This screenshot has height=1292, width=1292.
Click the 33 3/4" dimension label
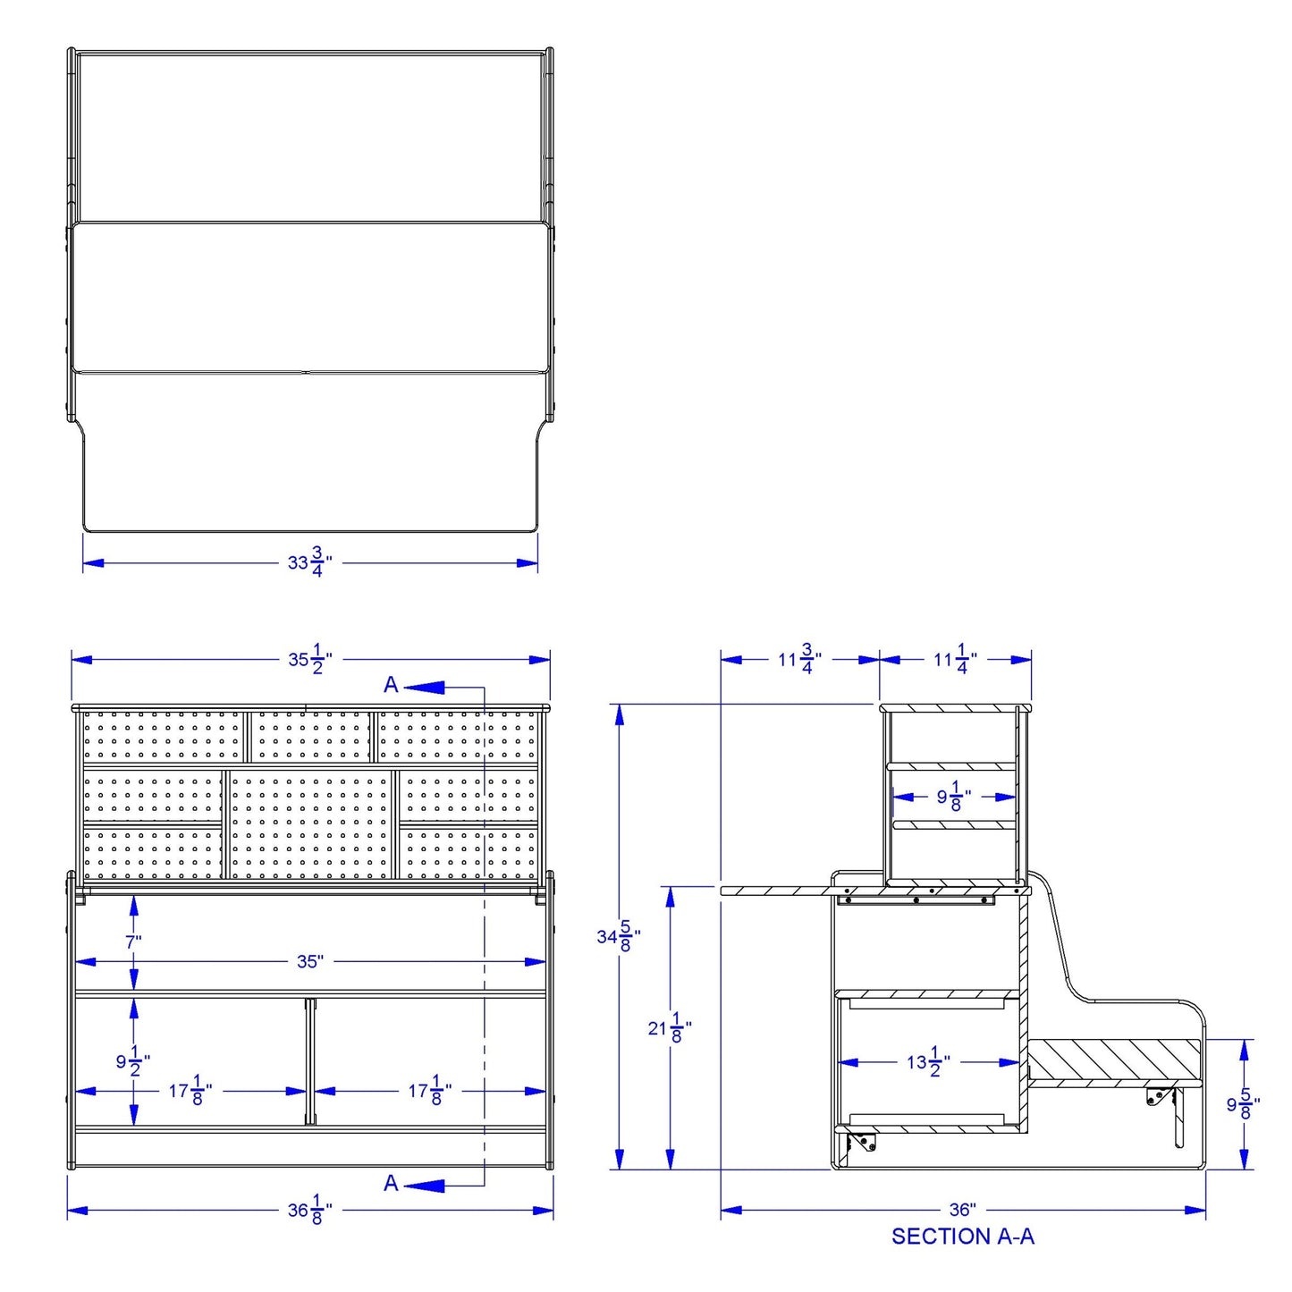(309, 562)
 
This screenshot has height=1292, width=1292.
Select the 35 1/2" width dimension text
(309, 659)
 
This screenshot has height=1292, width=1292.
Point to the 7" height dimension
(133, 942)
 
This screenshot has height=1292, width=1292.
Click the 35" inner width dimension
(309, 961)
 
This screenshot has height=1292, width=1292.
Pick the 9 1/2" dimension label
(132, 1061)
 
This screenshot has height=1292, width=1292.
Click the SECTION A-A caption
(962, 1254)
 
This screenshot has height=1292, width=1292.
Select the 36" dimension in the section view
(962, 1210)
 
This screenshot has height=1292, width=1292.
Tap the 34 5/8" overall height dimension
(618, 936)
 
